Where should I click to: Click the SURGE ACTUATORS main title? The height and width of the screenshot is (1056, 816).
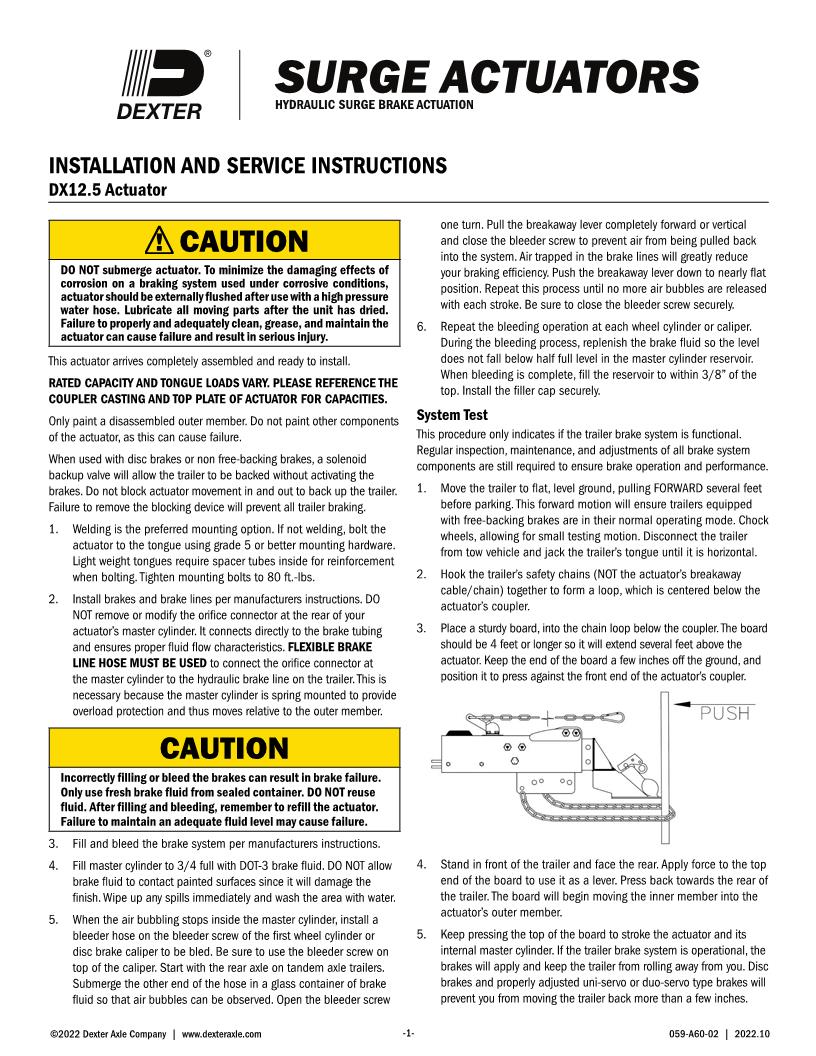[x=486, y=78]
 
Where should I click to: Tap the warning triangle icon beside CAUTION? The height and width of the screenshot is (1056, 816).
[x=158, y=241]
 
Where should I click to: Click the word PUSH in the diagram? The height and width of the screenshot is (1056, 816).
[x=719, y=712]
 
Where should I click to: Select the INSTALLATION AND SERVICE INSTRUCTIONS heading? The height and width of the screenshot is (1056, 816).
[x=241, y=164]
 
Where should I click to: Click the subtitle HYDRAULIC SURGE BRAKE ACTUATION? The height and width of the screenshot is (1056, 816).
[x=373, y=105]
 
